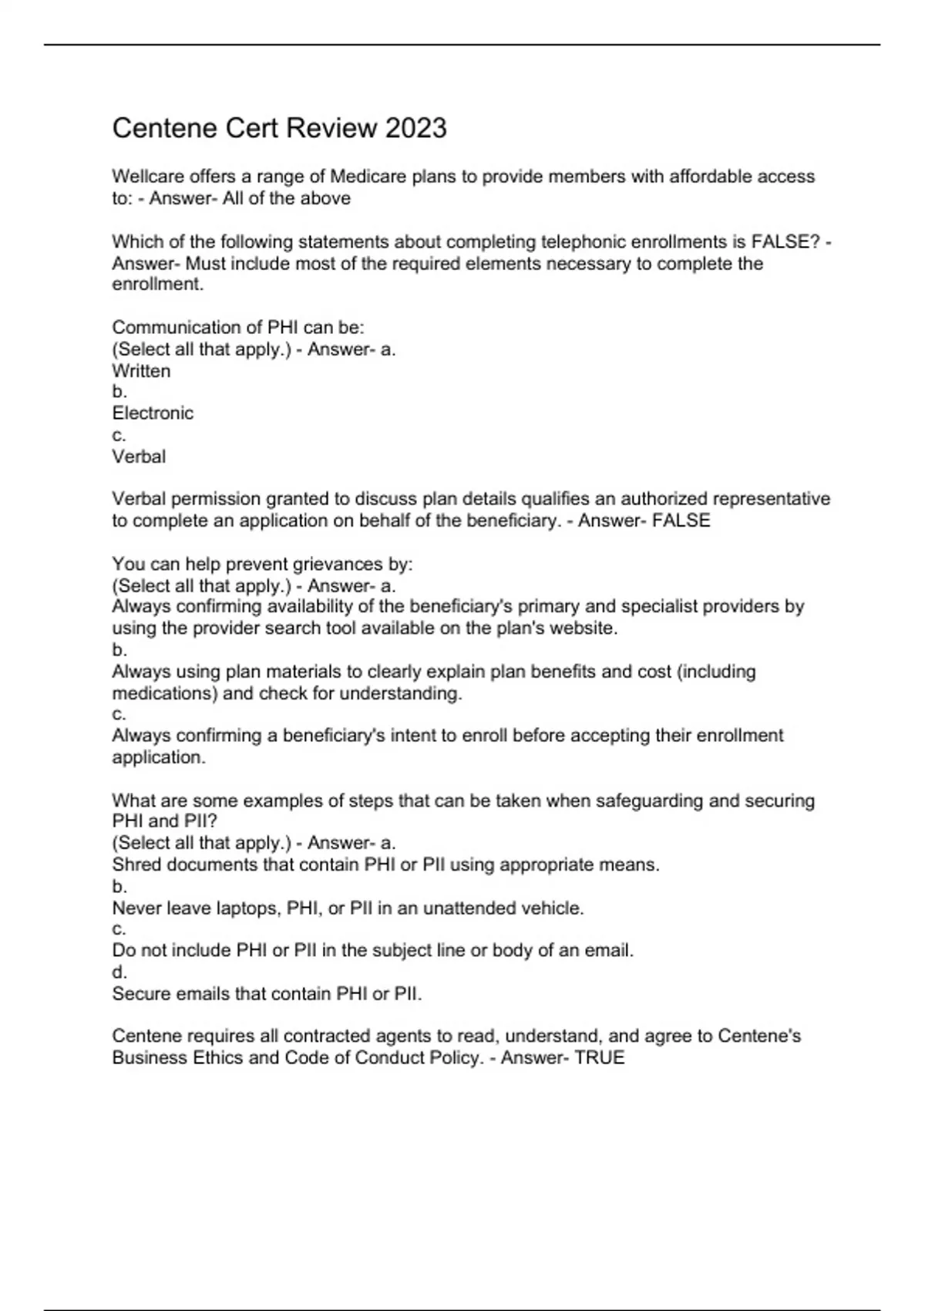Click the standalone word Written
(x=141, y=371)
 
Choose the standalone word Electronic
(x=153, y=413)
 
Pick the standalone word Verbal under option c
(x=139, y=457)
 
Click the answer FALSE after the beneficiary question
(x=681, y=521)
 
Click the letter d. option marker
(x=119, y=972)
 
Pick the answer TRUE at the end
(x=600, y=1057)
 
